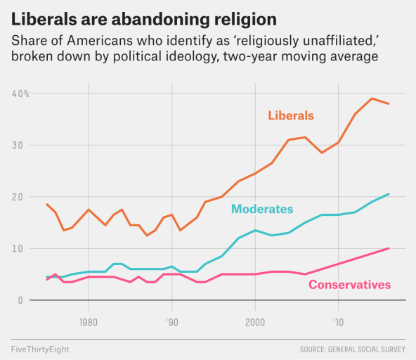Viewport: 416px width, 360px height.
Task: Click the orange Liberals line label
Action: click(291, 115)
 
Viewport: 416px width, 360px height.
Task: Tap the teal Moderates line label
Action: click(262, 209)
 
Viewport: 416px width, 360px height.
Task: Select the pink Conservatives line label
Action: click(349, 285)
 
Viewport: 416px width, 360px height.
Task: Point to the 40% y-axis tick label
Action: click(19, 94)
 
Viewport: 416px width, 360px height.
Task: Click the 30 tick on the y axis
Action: click(17, 146)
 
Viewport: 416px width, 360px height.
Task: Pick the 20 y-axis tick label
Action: click(17, 197)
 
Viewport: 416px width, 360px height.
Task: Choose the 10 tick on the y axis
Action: click(17, 249)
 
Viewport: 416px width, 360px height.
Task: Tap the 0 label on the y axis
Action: click(20, 300)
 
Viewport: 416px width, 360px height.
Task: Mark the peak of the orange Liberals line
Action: click(372, 98)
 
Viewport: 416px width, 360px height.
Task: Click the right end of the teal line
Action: click(389, 194)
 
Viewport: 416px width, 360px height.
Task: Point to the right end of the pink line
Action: click(389, 248)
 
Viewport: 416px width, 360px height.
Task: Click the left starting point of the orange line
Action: click(47, 205)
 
